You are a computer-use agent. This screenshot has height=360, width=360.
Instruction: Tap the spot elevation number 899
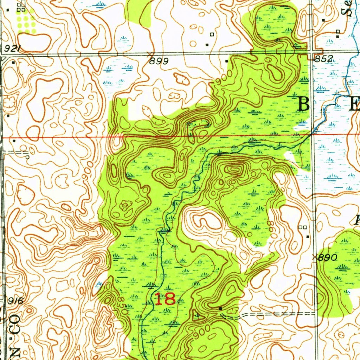(x=159, y=61)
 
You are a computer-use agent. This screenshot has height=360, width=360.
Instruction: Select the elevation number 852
(x=323, y=59)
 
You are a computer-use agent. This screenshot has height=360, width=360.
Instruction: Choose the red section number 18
(x=165, y=299)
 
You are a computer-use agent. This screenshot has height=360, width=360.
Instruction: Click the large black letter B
(x=304, y=104)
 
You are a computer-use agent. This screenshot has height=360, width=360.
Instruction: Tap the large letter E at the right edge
(x=354, y=104)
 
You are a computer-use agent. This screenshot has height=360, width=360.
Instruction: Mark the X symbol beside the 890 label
(x=314, y=257)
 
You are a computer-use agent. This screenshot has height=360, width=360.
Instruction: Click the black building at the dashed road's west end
(x=220, y=308)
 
